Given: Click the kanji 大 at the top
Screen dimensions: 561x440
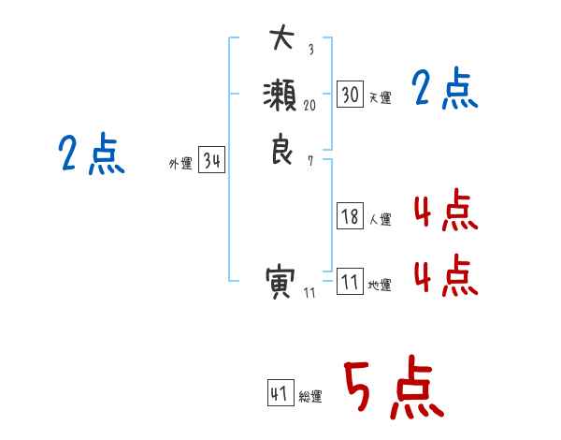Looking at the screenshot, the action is click(x=280, y=40).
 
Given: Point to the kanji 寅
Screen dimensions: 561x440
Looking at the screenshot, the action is click(x=280, y=281).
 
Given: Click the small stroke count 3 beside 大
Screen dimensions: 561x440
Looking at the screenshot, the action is click(x=310, y=50).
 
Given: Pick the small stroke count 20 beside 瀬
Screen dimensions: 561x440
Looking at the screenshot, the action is click(x=310, y=106).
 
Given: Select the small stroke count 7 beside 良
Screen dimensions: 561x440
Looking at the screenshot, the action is click(x=310, y=161).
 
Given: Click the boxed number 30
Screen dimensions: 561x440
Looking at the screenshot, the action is click(x=350, y=94).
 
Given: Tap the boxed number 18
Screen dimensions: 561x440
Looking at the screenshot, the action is click(x=350, y=216).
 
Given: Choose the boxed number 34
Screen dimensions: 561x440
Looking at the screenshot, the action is click(x=211, y=161).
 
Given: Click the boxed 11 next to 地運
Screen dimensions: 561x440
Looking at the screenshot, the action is click(x=350, y=282).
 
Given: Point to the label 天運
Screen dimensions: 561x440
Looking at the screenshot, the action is click(x=380, y=97).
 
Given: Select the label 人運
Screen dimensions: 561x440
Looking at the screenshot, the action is click(x=380, y=220).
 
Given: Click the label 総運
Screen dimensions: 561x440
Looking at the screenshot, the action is click(x=310, y=397).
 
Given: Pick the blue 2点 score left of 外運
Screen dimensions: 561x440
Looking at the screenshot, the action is click(x=92, y=154).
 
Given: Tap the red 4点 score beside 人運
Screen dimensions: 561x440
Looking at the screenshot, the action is click(x=445, y=212).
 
